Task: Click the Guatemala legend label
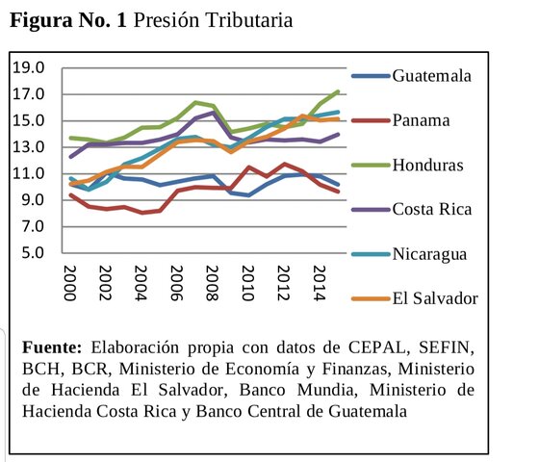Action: [431, 76]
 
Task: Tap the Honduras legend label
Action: [427, 165]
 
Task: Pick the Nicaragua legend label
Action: [430, 254]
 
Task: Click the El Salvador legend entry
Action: [434, 298]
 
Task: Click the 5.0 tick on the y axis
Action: [34, 253]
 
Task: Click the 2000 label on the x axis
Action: [70, 285]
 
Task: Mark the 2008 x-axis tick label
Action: [208, 285]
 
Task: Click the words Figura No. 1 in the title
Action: [66, 20]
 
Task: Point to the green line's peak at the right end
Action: [338, 91]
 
